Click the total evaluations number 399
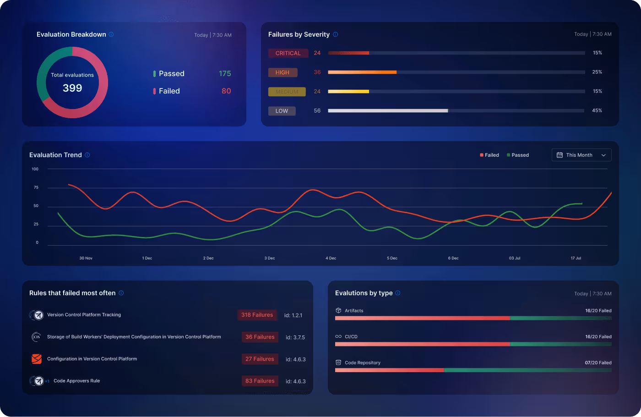tap(72, 88)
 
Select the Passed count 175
tap(225, 74)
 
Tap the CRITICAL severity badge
tap(288, 53)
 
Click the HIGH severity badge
tap(282, 72)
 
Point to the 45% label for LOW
tap(597, 110)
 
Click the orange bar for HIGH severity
tap(362, 72)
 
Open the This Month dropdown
tap(581, 155)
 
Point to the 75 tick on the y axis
tap(36, 187)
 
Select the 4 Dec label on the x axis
tap(331, 258)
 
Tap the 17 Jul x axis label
tap(576, 258)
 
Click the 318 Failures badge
tap(257, 315)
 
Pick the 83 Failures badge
tap(260, 381)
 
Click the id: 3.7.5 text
tap(295, 337)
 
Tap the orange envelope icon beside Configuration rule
tap(37, 359)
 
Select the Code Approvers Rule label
tap(76, 381)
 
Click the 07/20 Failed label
tap(598, 362)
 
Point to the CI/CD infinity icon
tap(338, 336)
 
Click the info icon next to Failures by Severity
tap(336, 34)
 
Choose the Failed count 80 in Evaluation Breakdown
tap(226, 91)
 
